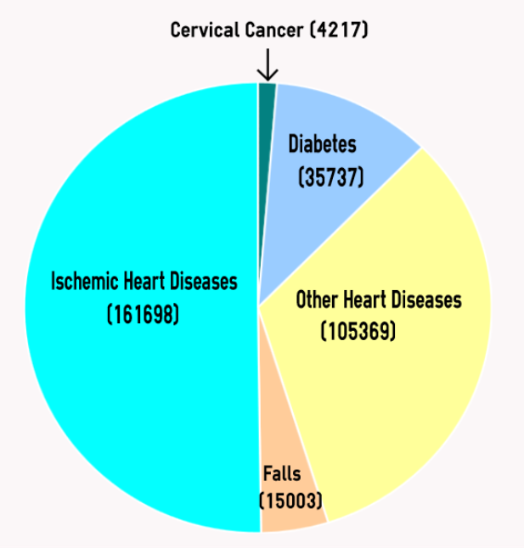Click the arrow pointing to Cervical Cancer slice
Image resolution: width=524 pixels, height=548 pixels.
268,64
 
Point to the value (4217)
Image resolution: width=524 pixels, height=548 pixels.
340,31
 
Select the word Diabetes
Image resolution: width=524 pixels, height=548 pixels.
322,143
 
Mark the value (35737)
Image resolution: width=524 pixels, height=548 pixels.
331,177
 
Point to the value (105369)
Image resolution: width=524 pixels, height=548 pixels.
358,331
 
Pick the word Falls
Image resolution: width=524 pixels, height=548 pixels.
281,474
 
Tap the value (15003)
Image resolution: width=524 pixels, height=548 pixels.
291,501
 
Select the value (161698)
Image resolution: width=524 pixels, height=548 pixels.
143,315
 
